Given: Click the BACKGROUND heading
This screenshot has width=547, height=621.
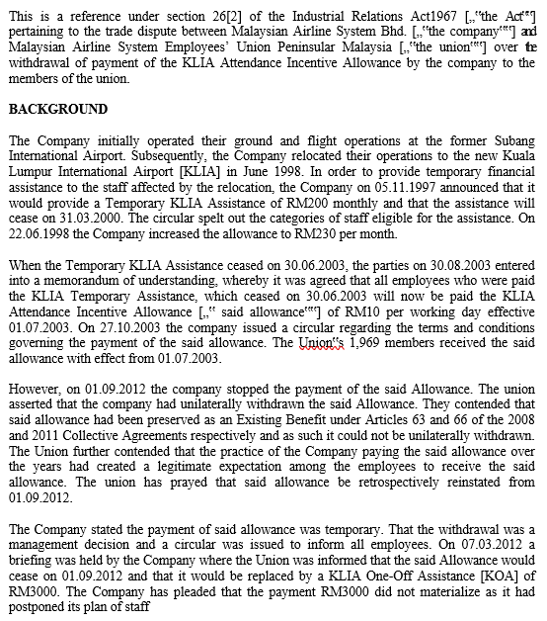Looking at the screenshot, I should [x=58, y=109].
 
